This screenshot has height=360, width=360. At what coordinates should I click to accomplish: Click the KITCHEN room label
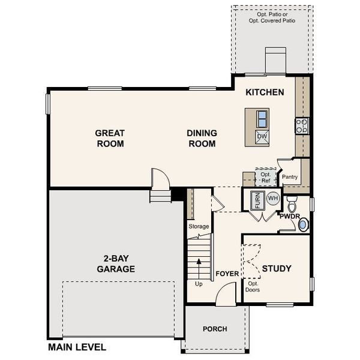(x=265, y=92)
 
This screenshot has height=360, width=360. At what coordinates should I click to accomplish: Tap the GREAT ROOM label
(x=109, y=139)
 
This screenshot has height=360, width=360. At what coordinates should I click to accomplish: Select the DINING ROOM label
(x=202, y=139)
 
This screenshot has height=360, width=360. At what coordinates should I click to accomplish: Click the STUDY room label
(x=277, y=268)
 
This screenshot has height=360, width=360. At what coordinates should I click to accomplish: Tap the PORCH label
(x=214, y=329)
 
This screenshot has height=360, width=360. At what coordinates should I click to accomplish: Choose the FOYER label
(x=227, y=274)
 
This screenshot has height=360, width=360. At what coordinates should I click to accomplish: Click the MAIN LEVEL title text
(x=77, y=347)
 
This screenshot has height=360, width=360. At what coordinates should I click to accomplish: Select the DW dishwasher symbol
(x=262, y=136)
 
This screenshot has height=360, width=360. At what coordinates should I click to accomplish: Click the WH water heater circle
(x=272, y=198)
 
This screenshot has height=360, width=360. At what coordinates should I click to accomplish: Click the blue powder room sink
(x=303, y=224)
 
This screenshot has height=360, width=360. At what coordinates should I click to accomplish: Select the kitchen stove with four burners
(x=301, y=126)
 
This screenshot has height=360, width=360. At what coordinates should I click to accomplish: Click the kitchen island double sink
(x=262, y=116)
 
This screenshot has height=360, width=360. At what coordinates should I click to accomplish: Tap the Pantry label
(x=290, y=177)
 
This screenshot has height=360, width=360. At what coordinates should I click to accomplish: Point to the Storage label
(x=199, y=226)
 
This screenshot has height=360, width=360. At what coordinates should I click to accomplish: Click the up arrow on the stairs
(x=198, y=265)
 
